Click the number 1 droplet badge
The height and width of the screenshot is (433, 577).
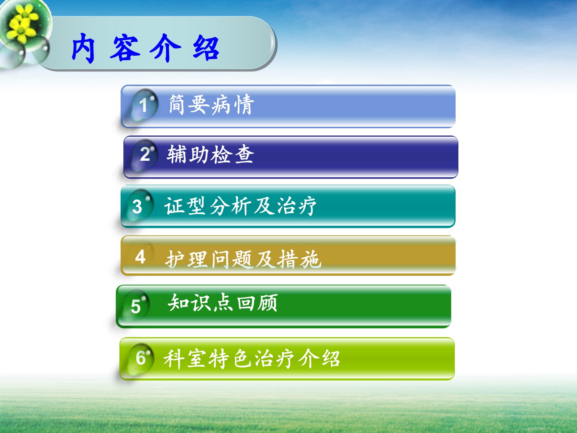pos(144,105)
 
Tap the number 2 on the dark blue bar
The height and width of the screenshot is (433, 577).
pos(145,154)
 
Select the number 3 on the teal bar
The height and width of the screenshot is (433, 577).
pos(137,206)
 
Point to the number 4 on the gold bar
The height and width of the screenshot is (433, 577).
pos(140,257)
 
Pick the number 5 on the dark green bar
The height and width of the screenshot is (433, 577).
pos(136,307)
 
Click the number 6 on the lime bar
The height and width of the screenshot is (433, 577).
pos(141,358)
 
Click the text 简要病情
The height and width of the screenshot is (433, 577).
pos(211,105)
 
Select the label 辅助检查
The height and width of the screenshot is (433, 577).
pos(210,154)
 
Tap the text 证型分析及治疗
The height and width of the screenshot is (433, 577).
pos(240,206)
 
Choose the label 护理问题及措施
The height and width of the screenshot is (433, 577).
pos(243,259)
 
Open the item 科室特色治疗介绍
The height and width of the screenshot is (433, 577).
pos(252,358)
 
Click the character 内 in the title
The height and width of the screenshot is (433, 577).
pos(83,48)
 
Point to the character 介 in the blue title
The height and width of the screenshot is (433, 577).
pos(165,48)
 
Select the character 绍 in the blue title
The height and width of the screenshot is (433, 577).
pos(206,48)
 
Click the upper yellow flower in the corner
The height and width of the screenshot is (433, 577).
pos(26,14)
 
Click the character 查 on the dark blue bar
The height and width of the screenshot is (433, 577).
pos(244,154)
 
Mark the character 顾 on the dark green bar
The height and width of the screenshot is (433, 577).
pos(268,303)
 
